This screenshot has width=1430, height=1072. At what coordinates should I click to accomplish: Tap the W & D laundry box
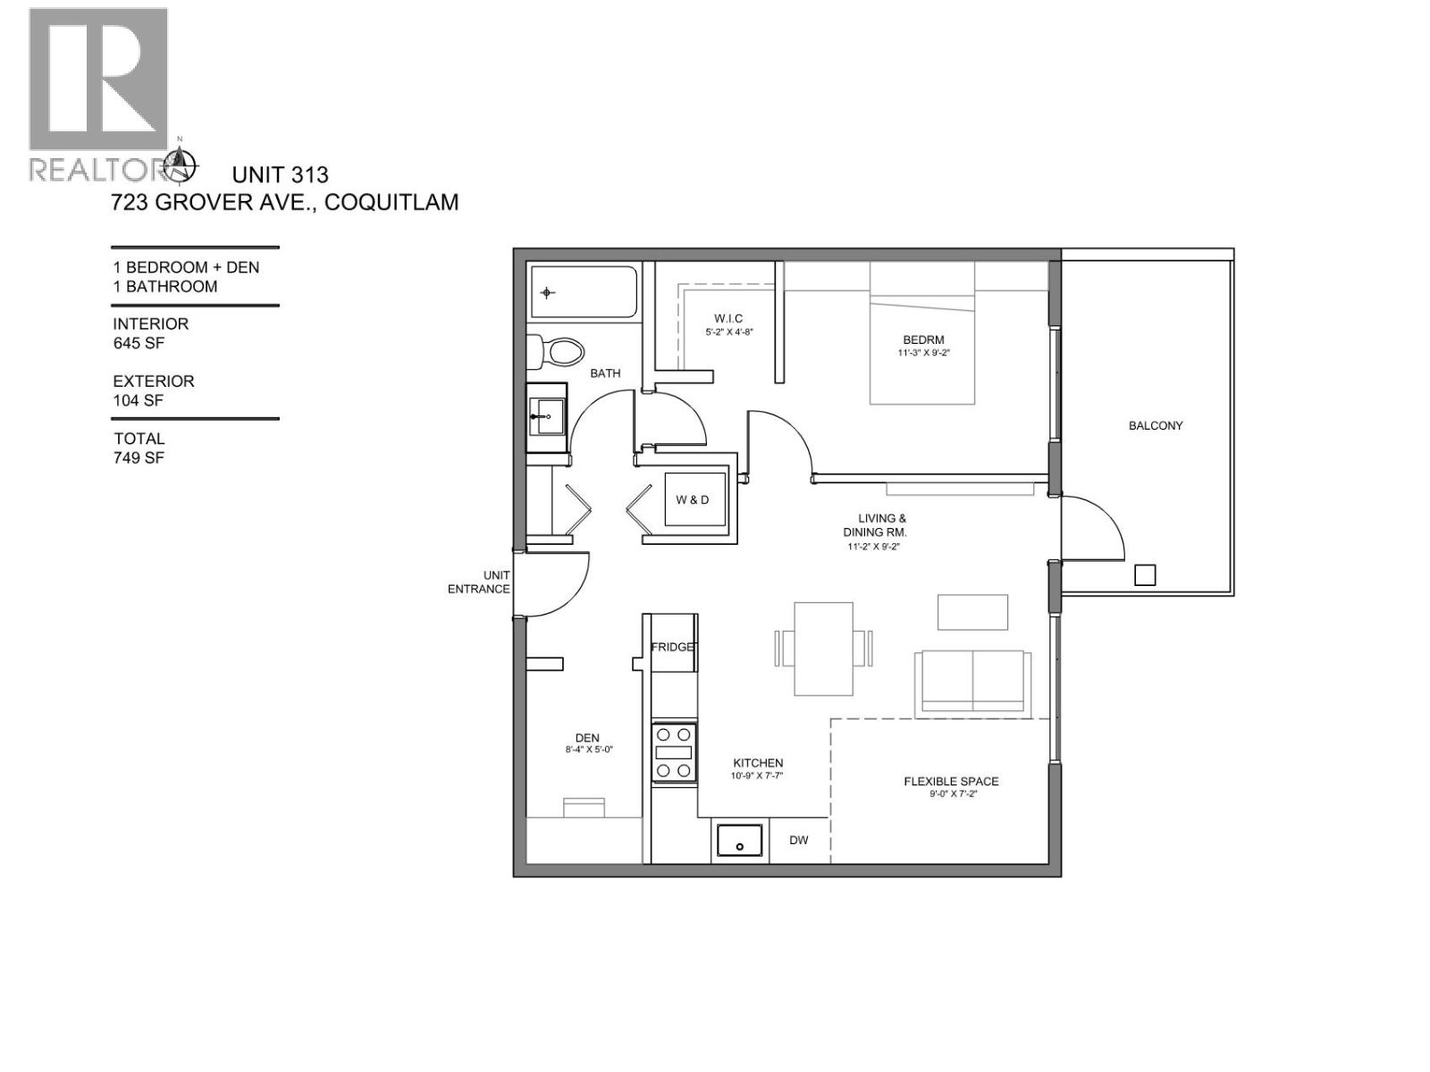(x=693, y=499)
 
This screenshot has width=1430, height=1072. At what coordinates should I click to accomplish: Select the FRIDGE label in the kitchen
(x=673, y=647)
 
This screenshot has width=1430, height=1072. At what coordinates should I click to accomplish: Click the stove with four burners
(x=674, y=752)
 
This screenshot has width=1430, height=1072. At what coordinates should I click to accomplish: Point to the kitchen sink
(x=739, y=841)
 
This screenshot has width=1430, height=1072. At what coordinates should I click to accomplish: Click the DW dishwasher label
(x=799, y=841)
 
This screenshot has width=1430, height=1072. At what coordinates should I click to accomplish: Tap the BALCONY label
(x=1155, y=426)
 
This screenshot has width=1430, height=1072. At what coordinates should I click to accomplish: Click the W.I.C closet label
(x=728, y=319)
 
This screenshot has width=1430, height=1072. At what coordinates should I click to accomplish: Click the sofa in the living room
(x=970, y=682)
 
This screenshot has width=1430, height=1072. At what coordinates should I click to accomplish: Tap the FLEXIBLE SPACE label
(x=951, y=782)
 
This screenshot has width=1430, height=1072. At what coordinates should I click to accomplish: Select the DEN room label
(x=587, y=738)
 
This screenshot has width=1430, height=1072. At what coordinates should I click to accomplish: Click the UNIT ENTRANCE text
(x=480, y=582)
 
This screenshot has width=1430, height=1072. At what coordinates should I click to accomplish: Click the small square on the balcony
(x=1145, y=575)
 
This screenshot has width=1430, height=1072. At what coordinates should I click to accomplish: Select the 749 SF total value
(x=139, y=458)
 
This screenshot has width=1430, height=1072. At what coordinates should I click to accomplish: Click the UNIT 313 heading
(x=280, y=175)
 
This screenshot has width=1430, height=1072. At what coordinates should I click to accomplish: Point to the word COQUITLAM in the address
(x=391, y=203)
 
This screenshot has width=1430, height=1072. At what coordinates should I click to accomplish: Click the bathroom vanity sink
(x=545, y=416)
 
